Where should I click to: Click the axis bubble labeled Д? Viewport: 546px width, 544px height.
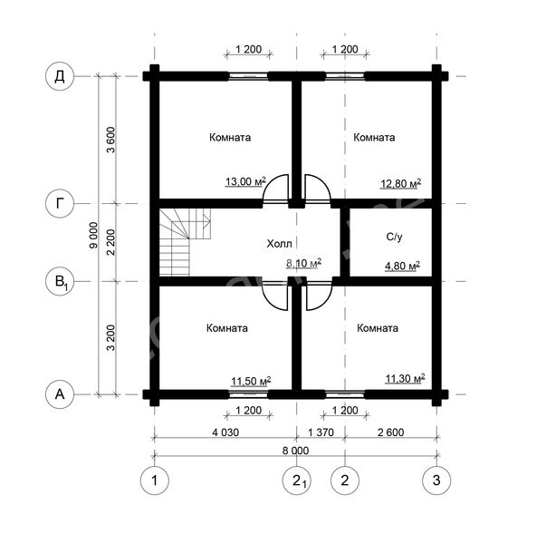[x=60, y=76]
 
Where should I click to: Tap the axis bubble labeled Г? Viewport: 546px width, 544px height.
[x=60, y=203]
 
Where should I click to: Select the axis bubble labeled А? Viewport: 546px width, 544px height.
[x=60, y=394]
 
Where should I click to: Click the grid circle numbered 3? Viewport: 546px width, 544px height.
[x=436, y=481]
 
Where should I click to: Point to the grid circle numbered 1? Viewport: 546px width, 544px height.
[x=155, y=481]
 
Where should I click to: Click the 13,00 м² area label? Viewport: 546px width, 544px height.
[x=245, y=181]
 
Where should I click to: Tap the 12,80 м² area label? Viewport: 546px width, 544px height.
[x=400, y=183]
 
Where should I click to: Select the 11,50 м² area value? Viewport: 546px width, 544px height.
[x=251, y=381]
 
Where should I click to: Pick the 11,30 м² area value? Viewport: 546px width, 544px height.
[x=405, y=378]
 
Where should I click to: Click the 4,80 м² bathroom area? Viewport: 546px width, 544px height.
[x=402, y=266]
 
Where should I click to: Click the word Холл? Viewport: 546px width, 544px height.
[x=279, y=243]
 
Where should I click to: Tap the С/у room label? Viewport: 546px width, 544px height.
[x=394, y=237]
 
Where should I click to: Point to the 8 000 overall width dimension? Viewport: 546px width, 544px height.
[x=295, y=451]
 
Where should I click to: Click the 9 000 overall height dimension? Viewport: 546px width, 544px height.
[x=93, y=236]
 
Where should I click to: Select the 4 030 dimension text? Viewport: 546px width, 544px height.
[x=225, y=432]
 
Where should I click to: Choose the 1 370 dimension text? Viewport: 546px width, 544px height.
[x=321, y=432]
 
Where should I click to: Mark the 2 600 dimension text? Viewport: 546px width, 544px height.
[x=390, y=432]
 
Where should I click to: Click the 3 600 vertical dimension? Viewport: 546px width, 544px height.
[x=110, y=140]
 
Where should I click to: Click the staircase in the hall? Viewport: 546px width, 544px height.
[x=185, y=242]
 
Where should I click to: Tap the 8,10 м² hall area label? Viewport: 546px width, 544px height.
[x=303, y=263]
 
